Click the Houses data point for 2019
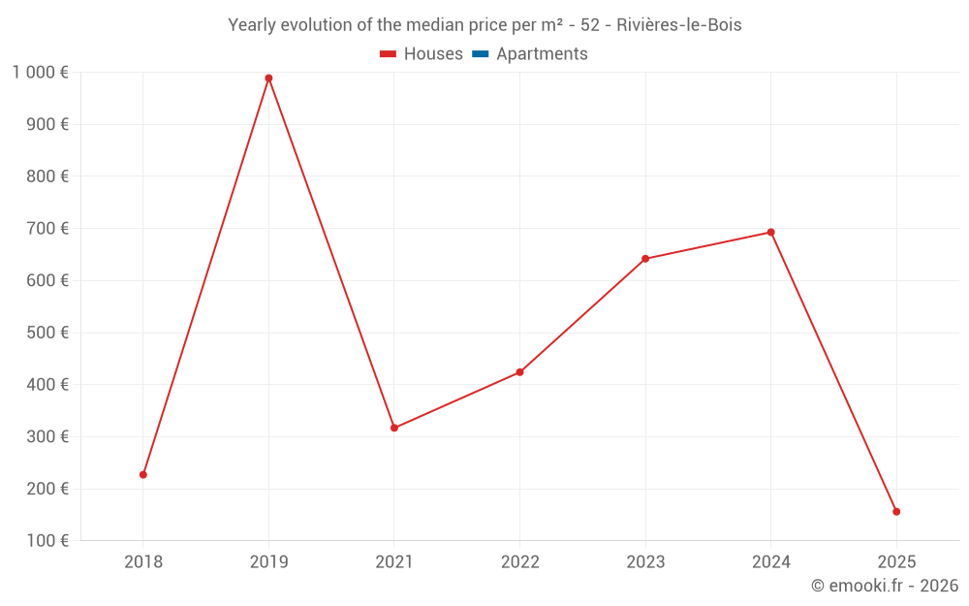(x=268, y=79)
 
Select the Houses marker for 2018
(x=143, y=475)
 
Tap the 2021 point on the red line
(x=394, y=428)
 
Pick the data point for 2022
(x=519, y=372)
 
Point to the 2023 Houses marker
(x=645, y=259)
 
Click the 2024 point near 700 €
(x=770, y=233)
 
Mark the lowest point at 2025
(x=896, y=512)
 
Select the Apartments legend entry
(x=542, y=54)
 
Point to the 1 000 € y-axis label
(x=40, y=72)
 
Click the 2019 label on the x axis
(x=268, y=561)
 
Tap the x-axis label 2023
(x=645, y=561)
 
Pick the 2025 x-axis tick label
(x=896, y=561)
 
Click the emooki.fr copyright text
(x=885, y=586)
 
